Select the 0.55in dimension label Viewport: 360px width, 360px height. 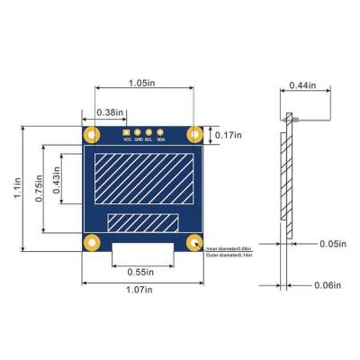pos(140,271)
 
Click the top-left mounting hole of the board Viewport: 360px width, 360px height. pos(92,134)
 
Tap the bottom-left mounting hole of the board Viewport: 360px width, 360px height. pos(92,242)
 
